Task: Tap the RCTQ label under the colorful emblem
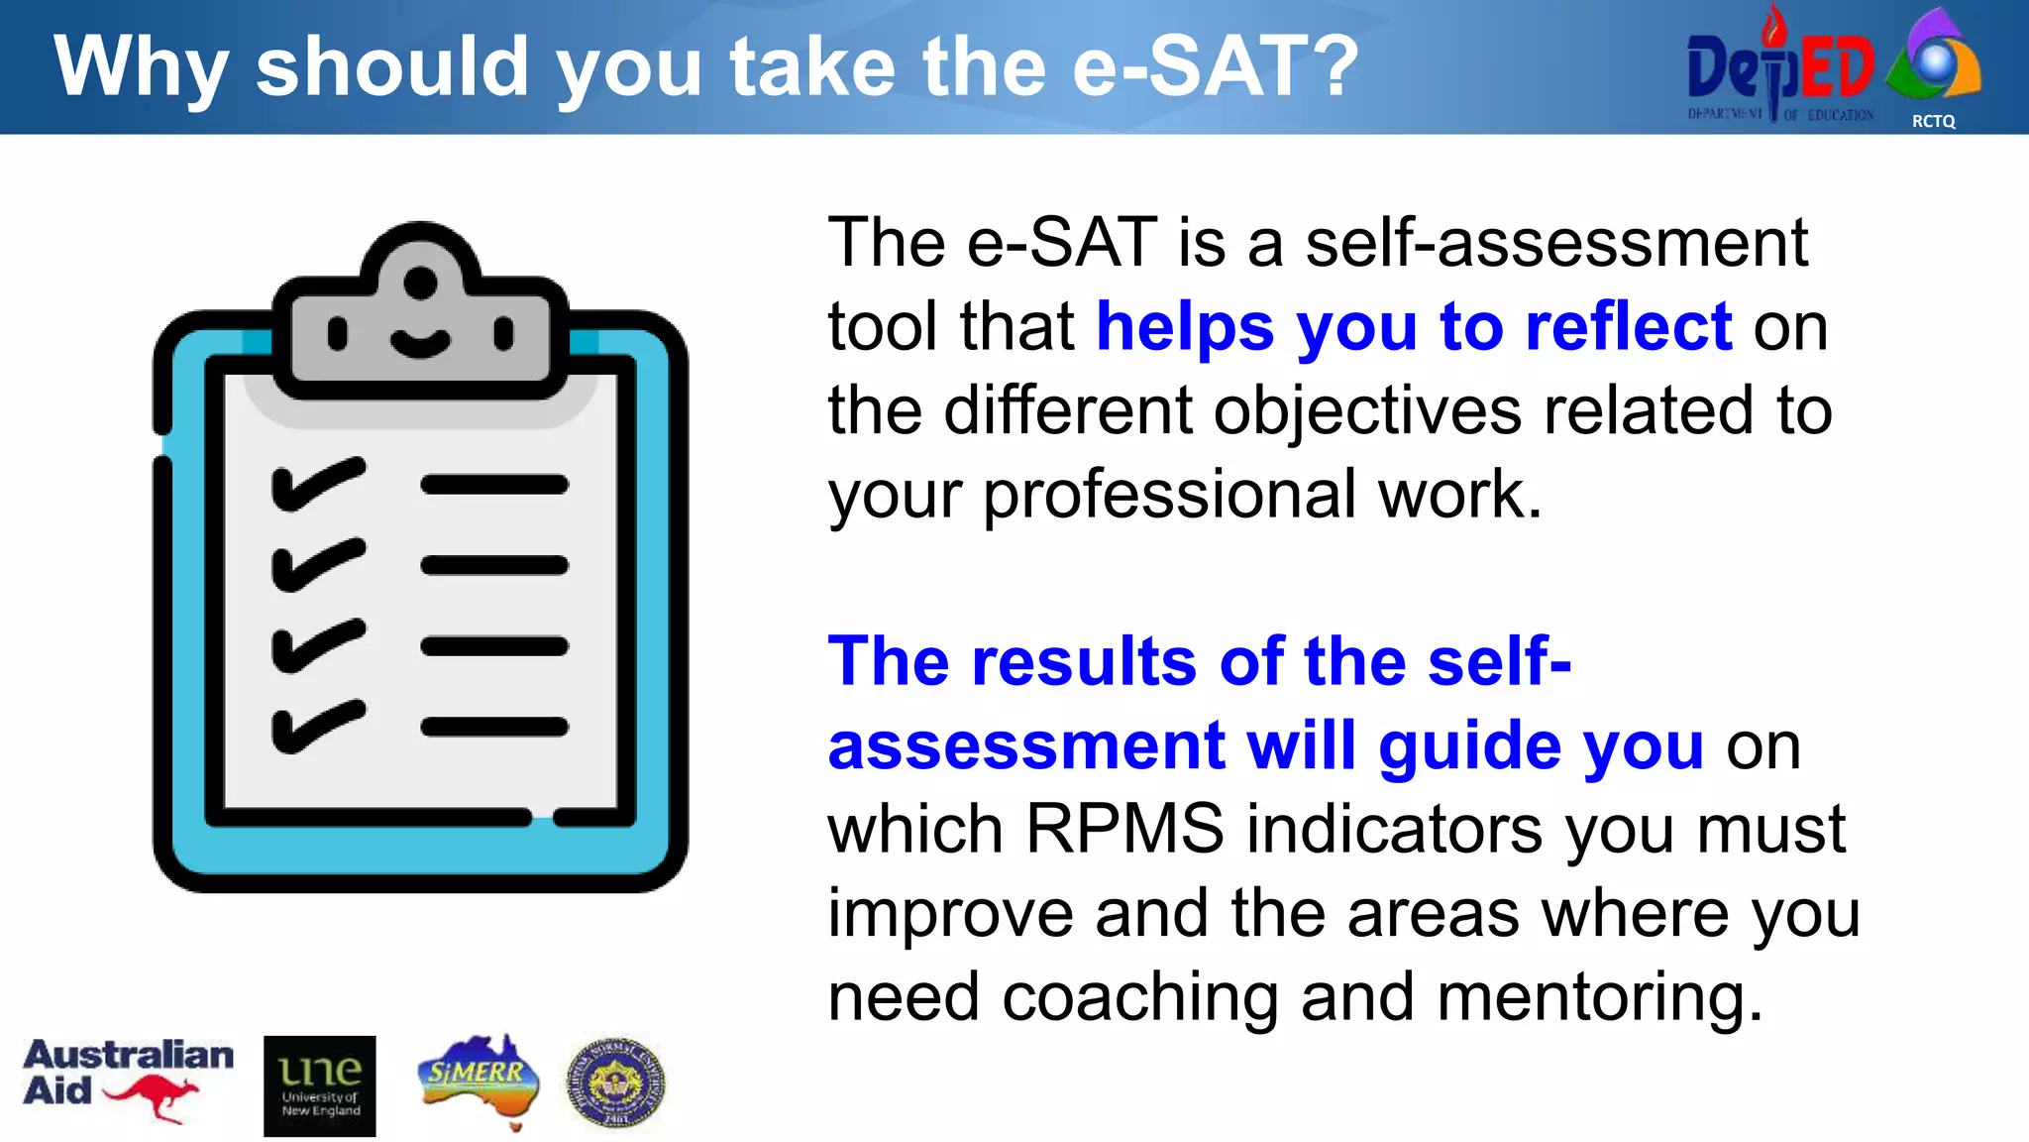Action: (x=1933, y=121)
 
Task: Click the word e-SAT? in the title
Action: (x=1216, y=67)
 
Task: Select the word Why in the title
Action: (x=141, y=67)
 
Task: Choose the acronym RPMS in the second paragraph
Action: (x=1124, y=829)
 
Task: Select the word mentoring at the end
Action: (x=1599, y=996)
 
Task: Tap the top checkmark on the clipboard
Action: (x=318, y=484)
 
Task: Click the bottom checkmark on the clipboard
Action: (x=318, y=726)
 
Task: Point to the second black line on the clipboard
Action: (x=494, y=566)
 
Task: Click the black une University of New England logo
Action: (x=319, y=1085)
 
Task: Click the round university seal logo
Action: (x=615, y=1084)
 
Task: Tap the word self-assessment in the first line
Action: (x=1555, y=242)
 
